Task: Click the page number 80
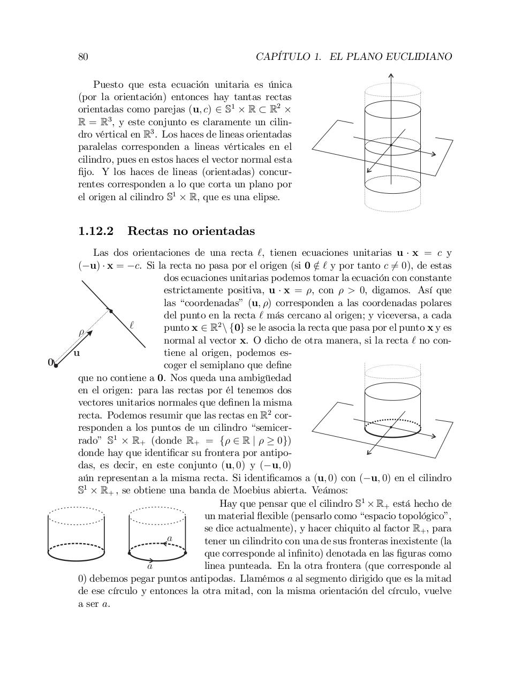click(x=83, y=57)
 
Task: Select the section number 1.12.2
click(x=96, y=231)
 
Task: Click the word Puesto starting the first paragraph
click(x=108, y=85)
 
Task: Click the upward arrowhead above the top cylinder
click(x=391, y=75)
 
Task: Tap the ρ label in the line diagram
click(x=81, y=332)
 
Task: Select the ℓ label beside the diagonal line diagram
click(x=131, y=325)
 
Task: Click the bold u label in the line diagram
click(x=77, y=353)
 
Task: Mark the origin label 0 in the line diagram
click(x=50, y=362)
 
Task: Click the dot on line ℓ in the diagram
click(x=111, y=310)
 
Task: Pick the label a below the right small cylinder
click(x=150, y=566)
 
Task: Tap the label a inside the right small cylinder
click(x=170, y=538)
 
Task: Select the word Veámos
click(x=331, y=491)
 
